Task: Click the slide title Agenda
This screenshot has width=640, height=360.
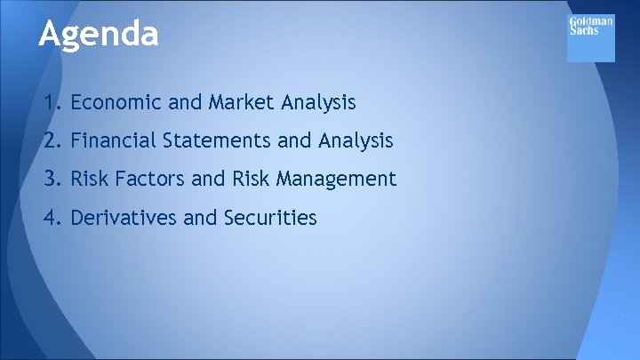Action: coord(99,35)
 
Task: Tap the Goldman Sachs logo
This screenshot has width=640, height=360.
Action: coord(590,38)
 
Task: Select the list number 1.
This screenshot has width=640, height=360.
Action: coord(52,103)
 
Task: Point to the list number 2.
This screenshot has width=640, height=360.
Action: coord(52,141)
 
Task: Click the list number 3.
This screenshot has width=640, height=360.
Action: coord(52,180)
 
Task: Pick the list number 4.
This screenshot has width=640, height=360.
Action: coord(52,218)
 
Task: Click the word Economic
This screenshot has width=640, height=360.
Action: coord(116,103)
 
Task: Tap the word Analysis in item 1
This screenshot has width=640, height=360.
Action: coord(318,103)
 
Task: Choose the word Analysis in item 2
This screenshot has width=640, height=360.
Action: coord(356,141)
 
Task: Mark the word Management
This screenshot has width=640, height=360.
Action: coord(336,180)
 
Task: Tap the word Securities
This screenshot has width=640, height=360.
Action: coord(271,218)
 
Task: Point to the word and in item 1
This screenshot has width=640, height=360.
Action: coord(185,103)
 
